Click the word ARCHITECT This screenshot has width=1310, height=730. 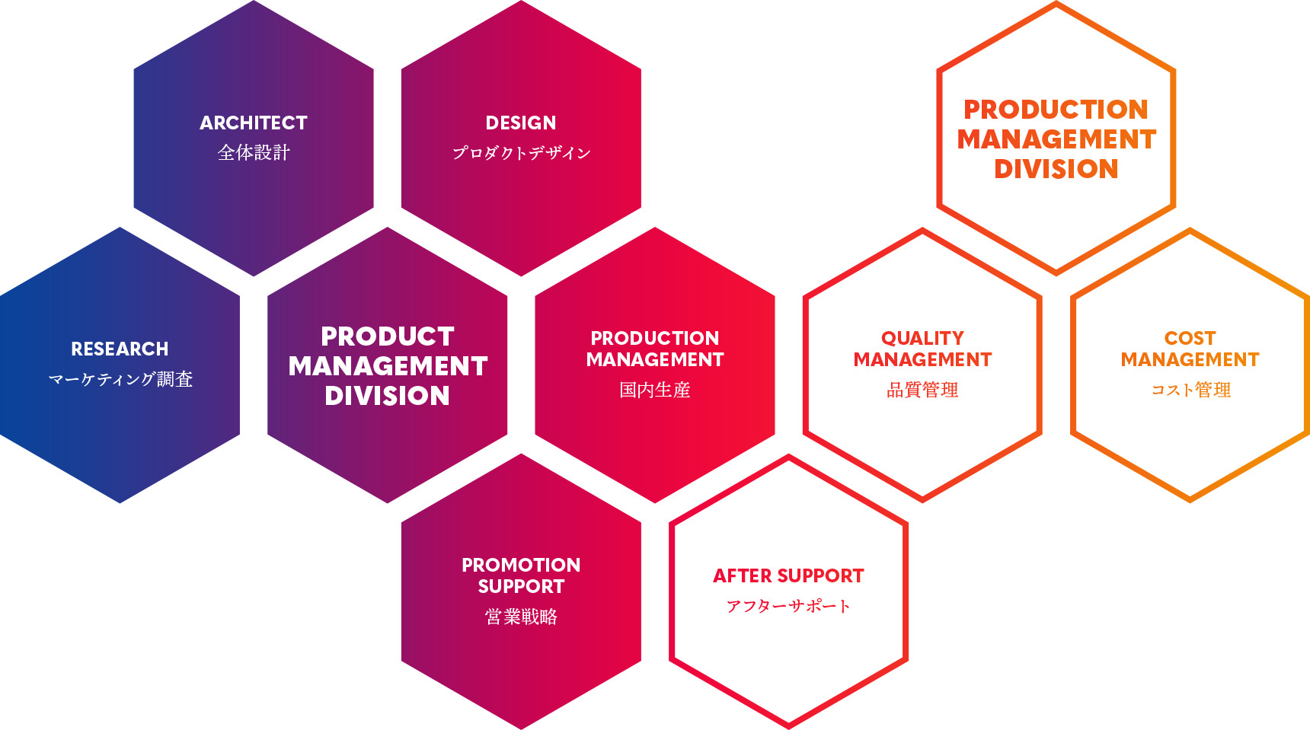(x=254, y=123)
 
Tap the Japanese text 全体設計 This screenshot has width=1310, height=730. (x=254, y=152)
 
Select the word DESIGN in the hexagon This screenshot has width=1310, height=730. (x=521, y=123)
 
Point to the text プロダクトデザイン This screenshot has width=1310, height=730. (x=521, y=152)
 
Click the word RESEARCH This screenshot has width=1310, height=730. (x=120, y=349)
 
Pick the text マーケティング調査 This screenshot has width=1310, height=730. (x=120, y=378)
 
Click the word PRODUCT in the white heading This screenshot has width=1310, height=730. (x=388, y=336)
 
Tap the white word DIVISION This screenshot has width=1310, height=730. (x=387, y=395)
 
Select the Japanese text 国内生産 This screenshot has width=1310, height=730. (x=655, y=390)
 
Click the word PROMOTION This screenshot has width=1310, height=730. (x=521, y=565)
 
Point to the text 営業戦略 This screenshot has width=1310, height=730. (x=521, y=616)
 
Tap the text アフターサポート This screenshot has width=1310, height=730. (x=788, y=606)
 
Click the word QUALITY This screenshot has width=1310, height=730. (x=922, y=338)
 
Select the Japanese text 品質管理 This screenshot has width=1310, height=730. (x=922, y=390)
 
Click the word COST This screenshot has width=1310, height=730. (x=1190, y=338)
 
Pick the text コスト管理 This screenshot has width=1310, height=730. (x=1190, y=390)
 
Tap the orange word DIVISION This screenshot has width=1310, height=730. (x=1056, y=168)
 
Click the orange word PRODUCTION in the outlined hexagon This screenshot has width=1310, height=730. (x=1056, y=109)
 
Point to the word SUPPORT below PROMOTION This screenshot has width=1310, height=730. (x=521, y=586)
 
